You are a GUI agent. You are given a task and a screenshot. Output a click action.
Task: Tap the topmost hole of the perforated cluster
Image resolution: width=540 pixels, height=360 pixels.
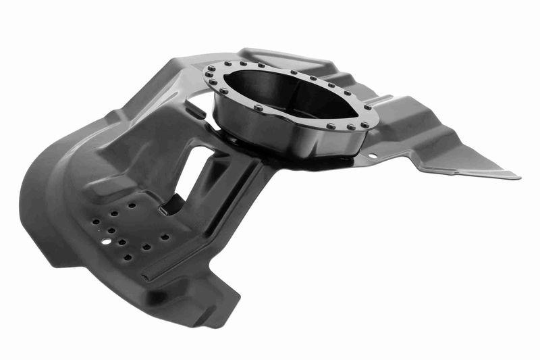132,205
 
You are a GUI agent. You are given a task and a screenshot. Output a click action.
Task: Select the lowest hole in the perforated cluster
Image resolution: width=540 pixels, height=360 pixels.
127,257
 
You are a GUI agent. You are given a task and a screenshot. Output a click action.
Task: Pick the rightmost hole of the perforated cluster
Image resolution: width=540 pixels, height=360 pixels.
165,237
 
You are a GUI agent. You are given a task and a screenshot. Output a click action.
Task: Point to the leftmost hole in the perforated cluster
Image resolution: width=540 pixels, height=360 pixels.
97,221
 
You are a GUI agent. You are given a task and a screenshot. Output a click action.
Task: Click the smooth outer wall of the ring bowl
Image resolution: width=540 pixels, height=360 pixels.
283,135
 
